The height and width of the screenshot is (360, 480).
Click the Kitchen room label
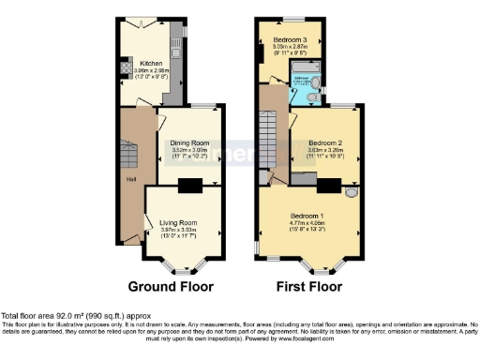pos(138,65)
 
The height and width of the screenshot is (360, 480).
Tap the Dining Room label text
pos(187,142)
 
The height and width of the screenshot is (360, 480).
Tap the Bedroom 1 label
pos(307,213)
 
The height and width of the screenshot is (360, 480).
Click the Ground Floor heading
pos(171,286)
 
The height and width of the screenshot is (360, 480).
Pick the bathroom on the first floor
pos(305,91)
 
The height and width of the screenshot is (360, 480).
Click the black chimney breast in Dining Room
pos(191,185)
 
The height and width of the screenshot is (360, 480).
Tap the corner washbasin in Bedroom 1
pos(351,191)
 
